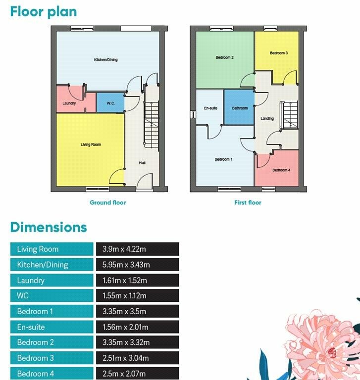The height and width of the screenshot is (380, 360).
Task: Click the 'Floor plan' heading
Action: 44,11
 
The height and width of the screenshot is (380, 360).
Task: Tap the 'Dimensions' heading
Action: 49,227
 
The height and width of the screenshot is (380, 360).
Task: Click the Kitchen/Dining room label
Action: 106,60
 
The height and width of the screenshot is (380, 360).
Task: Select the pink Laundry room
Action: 69,103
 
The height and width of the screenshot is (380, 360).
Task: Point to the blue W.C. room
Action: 110,103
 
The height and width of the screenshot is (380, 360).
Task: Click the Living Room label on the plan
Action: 91,144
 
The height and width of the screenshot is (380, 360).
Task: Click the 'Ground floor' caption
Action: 108,202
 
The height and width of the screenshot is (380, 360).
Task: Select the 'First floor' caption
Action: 248,202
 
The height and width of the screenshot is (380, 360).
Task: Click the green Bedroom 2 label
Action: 224,57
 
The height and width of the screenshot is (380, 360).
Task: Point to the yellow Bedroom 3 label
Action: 279,52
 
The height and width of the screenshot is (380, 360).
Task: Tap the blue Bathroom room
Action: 240,108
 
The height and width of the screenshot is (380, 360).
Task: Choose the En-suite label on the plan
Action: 210,108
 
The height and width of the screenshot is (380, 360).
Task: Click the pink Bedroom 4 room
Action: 281,170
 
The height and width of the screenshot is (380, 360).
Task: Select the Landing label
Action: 267,119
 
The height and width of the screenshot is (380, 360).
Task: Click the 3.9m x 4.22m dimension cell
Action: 138,249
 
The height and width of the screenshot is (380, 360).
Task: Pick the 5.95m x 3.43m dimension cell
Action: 138,265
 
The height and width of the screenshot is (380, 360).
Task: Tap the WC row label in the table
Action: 52,296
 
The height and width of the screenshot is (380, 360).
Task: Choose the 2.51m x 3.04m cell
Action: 138,358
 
